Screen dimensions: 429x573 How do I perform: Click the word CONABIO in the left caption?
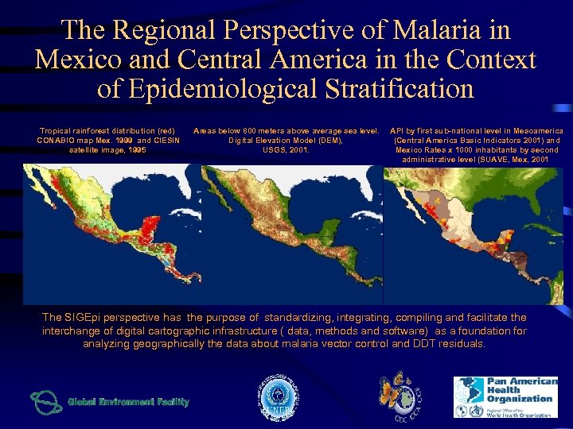point(66,140)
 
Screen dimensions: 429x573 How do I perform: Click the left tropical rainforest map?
point(111,234)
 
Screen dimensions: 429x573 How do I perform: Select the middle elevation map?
point(291,234)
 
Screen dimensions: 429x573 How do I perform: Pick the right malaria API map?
point(473,234)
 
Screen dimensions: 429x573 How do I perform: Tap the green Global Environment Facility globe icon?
point(46,401)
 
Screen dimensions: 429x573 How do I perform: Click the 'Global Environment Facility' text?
point(128,402)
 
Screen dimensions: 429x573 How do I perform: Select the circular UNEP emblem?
point(275,396)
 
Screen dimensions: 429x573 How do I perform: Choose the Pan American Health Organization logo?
point(505,396)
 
